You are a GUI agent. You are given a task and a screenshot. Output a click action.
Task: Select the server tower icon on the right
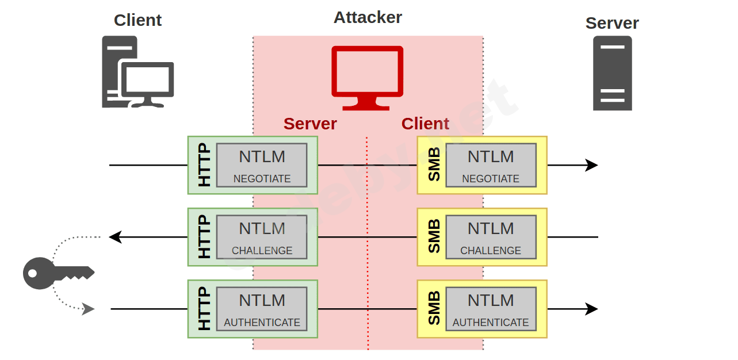612,73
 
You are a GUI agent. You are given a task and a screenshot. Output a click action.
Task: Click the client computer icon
137,72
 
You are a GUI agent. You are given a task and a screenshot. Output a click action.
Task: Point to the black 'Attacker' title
368,17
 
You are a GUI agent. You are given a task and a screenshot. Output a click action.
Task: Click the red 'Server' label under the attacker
310,124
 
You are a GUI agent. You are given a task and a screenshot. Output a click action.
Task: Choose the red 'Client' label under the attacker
425,124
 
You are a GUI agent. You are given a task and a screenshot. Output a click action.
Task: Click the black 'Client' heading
137,20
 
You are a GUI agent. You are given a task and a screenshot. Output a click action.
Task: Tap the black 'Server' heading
612,23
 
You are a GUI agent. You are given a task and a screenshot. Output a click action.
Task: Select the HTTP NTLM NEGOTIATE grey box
262,165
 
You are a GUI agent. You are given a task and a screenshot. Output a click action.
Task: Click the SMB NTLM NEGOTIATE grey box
491,165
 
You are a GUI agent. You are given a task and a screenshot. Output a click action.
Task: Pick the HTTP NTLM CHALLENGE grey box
262,237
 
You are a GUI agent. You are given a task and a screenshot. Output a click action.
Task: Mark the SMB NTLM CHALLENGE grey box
491,237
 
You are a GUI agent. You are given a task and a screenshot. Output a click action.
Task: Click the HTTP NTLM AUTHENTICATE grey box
262,309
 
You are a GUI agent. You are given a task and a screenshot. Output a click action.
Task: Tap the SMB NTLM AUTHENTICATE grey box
491,309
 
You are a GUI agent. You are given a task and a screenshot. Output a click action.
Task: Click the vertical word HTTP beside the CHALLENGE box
204,237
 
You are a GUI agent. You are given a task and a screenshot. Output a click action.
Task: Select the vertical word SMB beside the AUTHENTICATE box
434,309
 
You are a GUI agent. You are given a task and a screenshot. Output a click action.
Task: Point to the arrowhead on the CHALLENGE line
115,237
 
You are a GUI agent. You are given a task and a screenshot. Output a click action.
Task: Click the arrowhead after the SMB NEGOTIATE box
592,165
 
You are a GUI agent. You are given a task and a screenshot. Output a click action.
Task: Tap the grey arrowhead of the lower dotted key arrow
88,309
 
